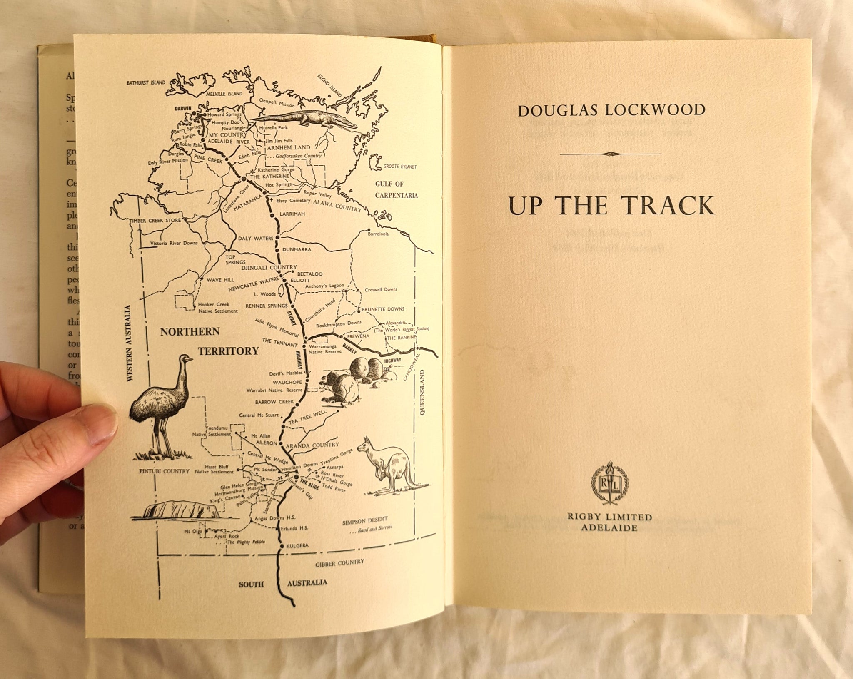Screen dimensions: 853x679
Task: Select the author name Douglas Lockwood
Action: coord(611,110)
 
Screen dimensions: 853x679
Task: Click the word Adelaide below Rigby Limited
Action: coord(611,527)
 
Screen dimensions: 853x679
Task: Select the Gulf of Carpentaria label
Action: coord(396,189)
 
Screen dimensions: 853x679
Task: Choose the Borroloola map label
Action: coord(378,234)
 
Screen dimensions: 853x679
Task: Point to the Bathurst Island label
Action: coord(146,83)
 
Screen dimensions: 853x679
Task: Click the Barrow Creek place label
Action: coord(272,403)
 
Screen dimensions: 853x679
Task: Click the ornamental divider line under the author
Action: coord(611,154)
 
